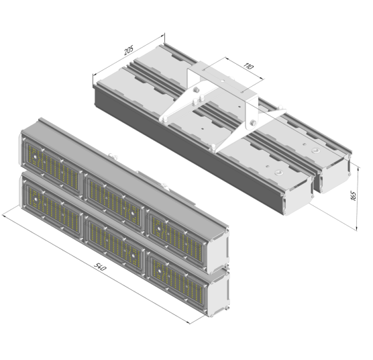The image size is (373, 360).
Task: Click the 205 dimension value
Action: [x=129, y=50]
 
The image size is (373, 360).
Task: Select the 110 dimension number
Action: [x=249, y=66]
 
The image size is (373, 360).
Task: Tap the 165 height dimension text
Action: [x=354, y=195]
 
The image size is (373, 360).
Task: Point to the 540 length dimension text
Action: [x=100, y=267]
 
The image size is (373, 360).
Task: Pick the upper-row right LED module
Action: [x=176, y=236]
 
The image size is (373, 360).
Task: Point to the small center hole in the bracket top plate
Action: [x=223, y=81]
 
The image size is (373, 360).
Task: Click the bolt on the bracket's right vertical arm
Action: [x=253, y=123]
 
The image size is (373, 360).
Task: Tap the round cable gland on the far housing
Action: [x=316, y=150]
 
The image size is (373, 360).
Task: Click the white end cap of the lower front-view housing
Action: [x=219, y=291]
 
